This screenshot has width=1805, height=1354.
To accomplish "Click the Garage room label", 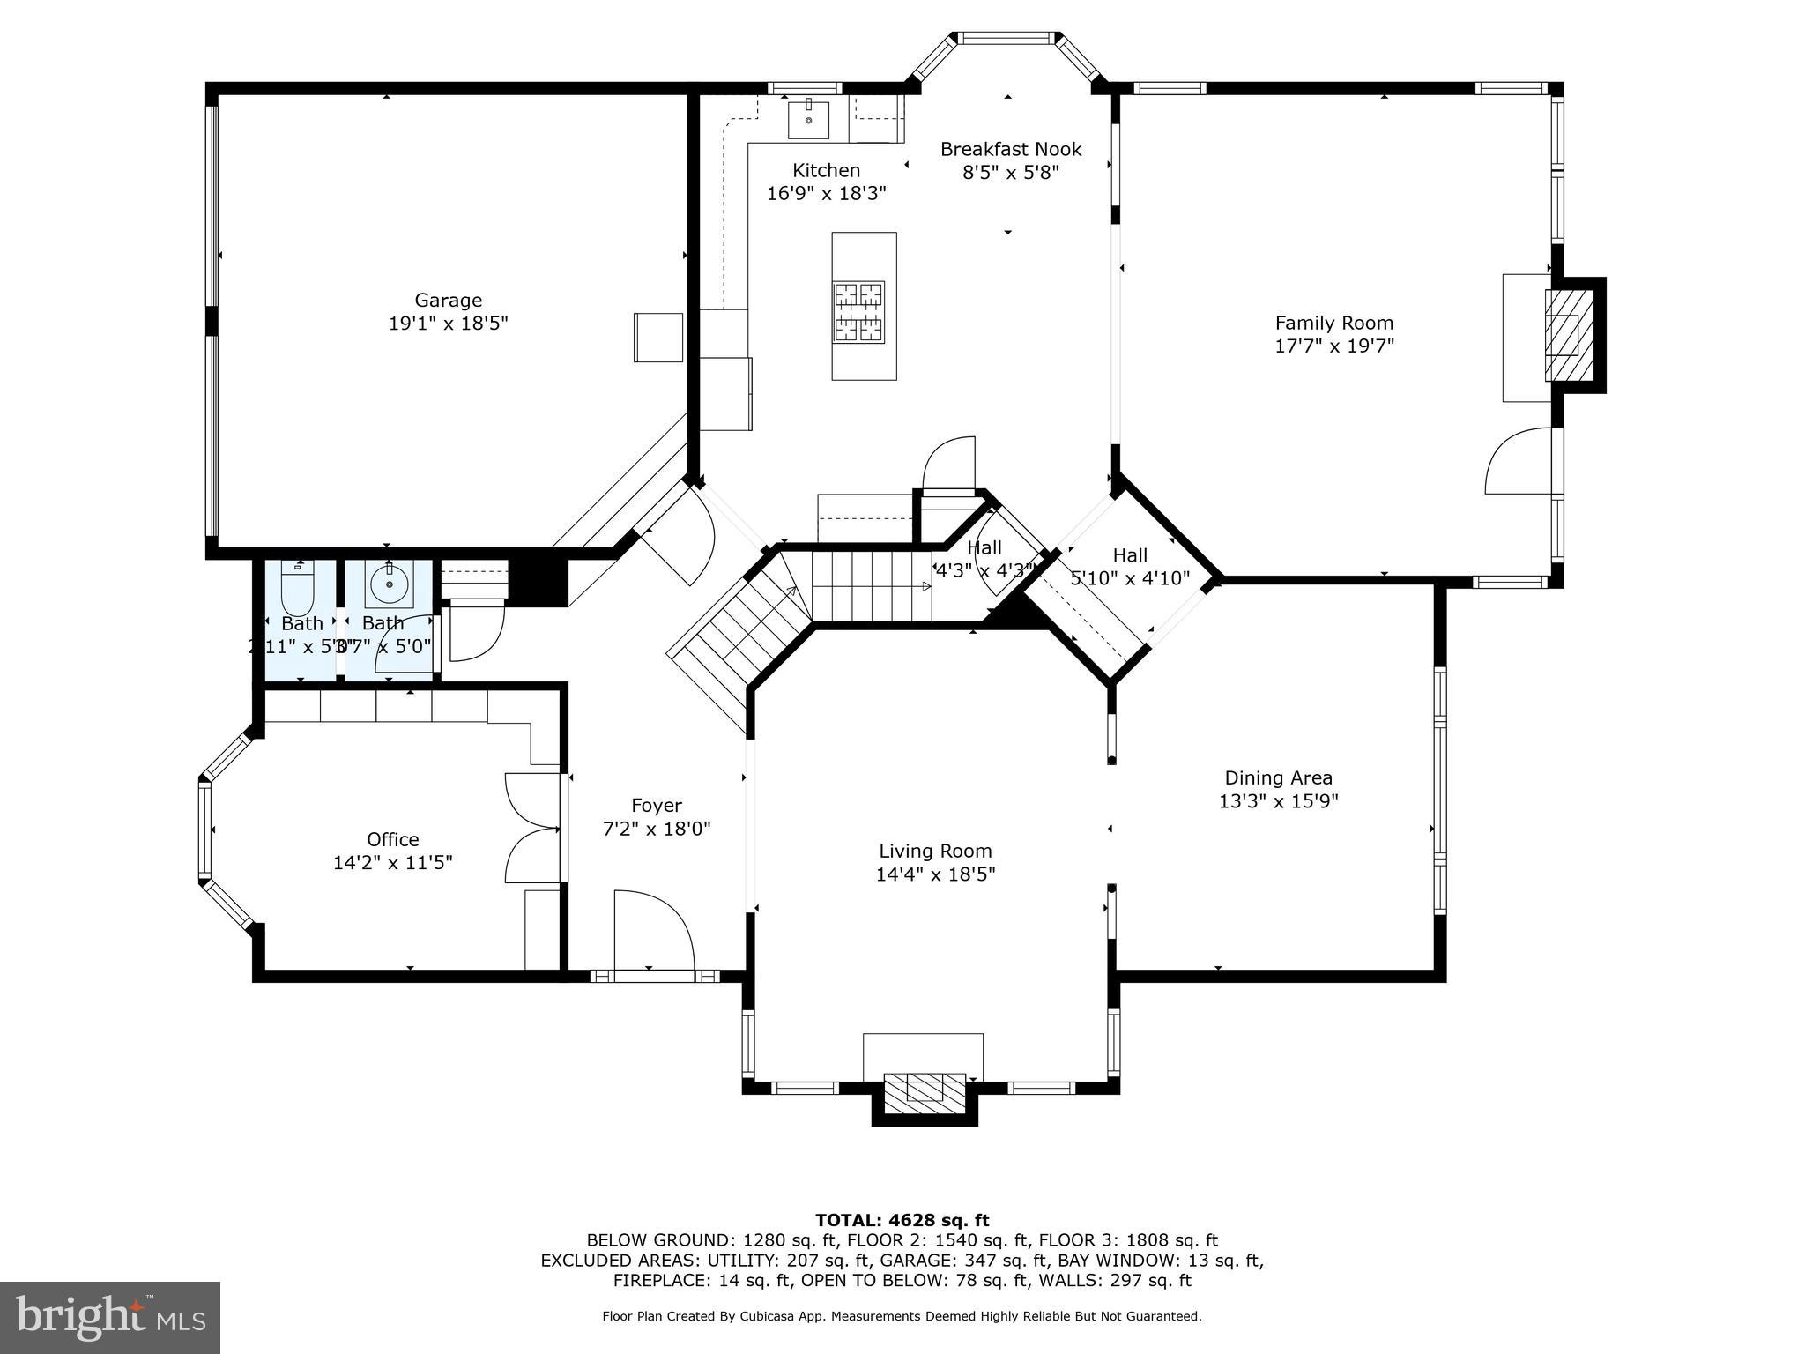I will [x=448, y=301].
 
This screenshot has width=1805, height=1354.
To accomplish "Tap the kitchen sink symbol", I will [x=808, y=119].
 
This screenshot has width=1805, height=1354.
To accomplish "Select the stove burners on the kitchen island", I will [x=859, y=312].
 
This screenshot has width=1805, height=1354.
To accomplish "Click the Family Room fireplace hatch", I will [x=1568, y=335].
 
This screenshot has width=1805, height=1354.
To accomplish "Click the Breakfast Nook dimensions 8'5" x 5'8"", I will [x=1010, y=172].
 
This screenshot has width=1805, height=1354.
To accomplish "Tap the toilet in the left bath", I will [x=297, y=589].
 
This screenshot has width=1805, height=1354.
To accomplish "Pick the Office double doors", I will [x=532, y=828].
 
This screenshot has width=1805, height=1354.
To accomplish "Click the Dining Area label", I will [x=1278, y=777].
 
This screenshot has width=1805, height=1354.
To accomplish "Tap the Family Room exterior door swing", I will [x=1518, y=461].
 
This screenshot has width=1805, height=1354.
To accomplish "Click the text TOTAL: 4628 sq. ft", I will [x=902, y=1220].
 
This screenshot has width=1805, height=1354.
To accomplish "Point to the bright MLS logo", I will [x=109, y=1317].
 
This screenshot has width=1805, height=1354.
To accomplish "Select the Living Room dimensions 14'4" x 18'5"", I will [x=935, y=874].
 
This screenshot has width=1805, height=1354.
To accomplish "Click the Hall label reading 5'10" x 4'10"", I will [x=1129, y=578].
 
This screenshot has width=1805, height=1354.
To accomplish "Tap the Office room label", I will [x=392, y=839].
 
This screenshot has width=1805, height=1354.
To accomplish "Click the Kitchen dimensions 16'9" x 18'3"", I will [x=826, y=193].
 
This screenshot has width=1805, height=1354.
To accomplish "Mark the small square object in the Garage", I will [x=657, y=337].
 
